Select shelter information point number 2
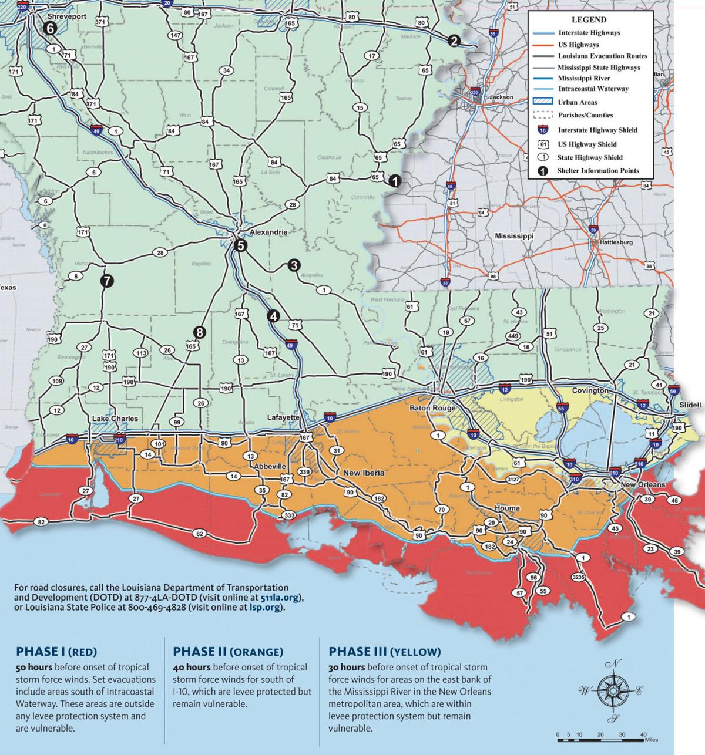[x=453, y=41]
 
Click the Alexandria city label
[x=268, y=232]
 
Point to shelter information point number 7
[x=106, y=281]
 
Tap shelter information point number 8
[x=200, y=333]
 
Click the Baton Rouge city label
[x=429, y=408]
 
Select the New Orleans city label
[x=643, y=485]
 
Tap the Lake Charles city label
[x=115, y=419]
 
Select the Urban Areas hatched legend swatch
[x=544, y=102]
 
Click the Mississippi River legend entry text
[x=584, y=78]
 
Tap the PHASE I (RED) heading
[x=56, y=652]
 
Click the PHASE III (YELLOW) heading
[x=384, y=652]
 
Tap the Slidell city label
[x=690, y=405]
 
